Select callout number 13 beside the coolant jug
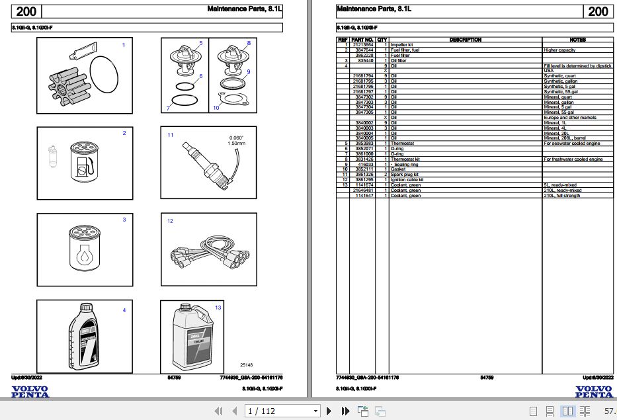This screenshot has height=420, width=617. pyautogui.click(x=218, y=308)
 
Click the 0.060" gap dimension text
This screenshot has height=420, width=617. pyautogui.click(x=236, y=138)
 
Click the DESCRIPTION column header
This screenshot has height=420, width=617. pyautogui.click(x=465, y=40)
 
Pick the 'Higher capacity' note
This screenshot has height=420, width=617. pyautogui.click(x=559, y=50)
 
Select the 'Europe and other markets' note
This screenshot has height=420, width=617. pyautogui.click(x=569, y=117)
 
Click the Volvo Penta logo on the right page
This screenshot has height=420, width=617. pyautogui.click(x=594, y=392)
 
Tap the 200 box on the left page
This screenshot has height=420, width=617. pyautogui.click(x=26, y=11)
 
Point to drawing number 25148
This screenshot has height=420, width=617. pyautogui.click(x=247, y=364)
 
